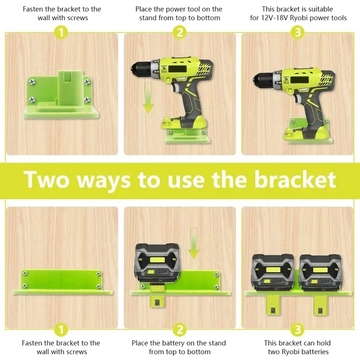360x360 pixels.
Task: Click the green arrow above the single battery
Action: [193, 243]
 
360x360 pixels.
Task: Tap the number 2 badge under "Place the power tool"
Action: [179, 32]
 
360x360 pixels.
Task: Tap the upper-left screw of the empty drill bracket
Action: [31, 81]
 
